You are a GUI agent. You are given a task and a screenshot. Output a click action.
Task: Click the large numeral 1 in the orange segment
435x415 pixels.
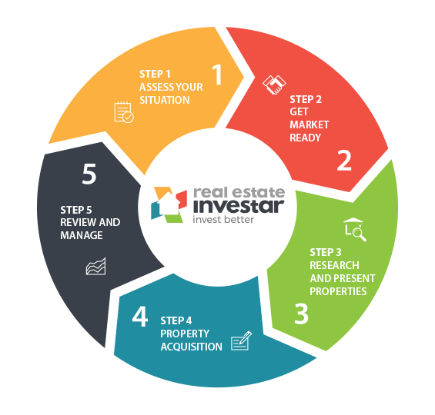coord(218,75)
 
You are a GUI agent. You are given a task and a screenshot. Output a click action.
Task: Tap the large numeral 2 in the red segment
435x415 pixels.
coord(344,161)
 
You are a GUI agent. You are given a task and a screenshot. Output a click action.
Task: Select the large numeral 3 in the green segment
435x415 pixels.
coord(301,314)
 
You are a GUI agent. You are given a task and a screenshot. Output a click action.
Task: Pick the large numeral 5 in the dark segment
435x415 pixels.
coord(89,174)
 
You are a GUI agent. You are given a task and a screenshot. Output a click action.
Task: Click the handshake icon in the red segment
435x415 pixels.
coord(274,85)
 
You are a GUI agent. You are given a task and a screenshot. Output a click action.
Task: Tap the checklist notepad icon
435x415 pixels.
coord(124,112)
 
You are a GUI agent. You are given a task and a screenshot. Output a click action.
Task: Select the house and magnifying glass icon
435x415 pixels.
coord(355,230)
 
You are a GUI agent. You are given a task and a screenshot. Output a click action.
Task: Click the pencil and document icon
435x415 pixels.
coord(241,340)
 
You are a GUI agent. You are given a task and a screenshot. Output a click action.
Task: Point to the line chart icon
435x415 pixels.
coord(96,267)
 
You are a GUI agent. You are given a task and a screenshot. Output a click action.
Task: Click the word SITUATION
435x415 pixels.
coord(165,100)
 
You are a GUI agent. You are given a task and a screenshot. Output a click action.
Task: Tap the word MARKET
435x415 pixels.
coord(310,124)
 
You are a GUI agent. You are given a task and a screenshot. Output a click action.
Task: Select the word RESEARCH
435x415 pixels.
coord(334,265)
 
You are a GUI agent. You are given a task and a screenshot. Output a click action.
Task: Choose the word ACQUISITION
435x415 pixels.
coord(192,347)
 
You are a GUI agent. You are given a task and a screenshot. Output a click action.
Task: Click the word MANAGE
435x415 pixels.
coord(82,235)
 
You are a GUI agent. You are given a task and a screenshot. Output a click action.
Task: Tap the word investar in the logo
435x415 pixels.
coord(239,206)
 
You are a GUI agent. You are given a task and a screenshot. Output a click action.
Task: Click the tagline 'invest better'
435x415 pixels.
coord(223,220)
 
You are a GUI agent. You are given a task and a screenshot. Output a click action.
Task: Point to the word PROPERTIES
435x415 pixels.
coord(338,291)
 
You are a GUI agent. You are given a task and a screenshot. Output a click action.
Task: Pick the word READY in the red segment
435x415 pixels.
coord(305,138)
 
